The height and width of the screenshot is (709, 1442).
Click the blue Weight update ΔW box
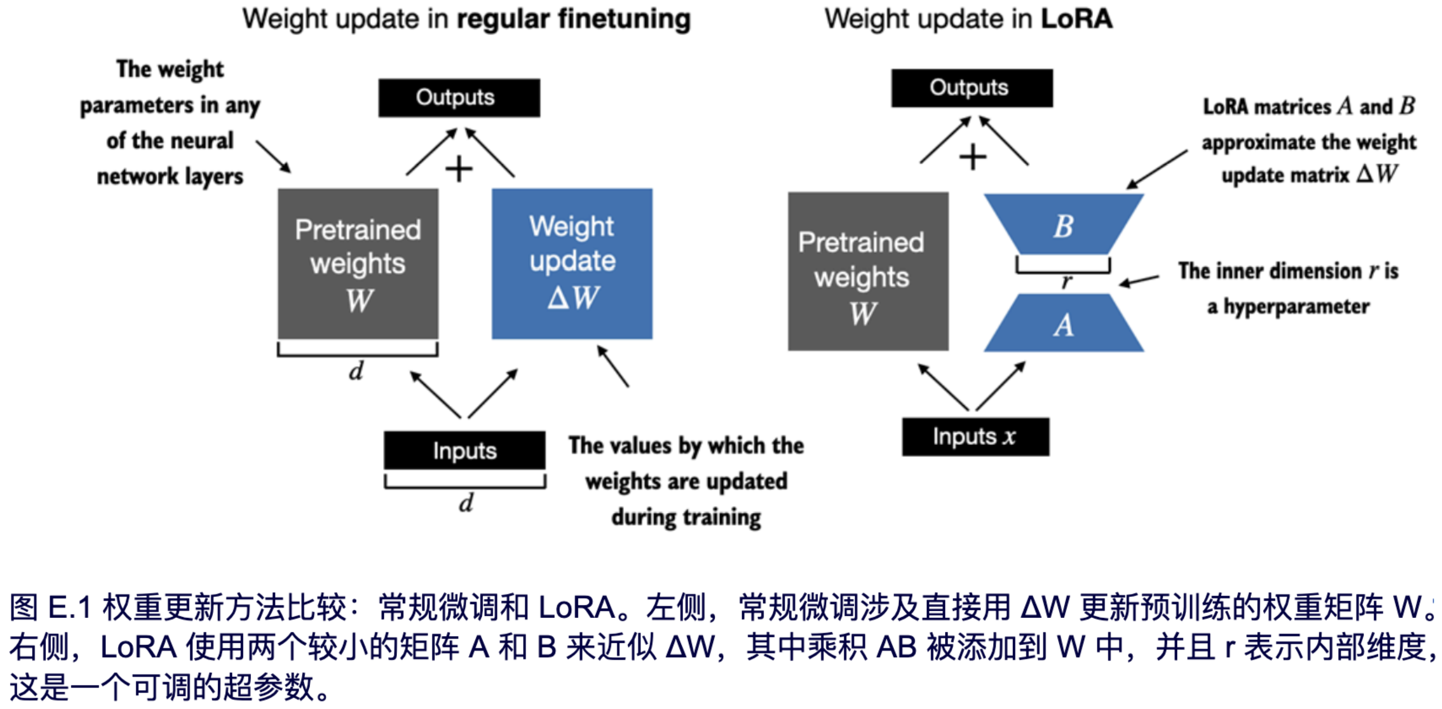pyautogui.click(x=571, y=264)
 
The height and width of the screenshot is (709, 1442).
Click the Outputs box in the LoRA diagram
pyautogui.click(x=971, y=88)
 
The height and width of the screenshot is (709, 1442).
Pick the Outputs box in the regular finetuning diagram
pyautogui.click(x=459, y=98)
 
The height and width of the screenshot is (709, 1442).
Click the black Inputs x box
pyautogui.click(x=975, y=436)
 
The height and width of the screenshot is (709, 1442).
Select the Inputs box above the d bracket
pyautogui.click(x=464, y=450)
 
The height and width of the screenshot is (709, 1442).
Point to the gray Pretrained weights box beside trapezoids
pyautogui.click(x=867, y=272)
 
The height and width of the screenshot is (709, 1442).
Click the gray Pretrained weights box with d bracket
pyautogui.click(x=358, y=264)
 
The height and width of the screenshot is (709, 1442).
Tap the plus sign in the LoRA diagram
pyautogui.click(x=973, y=157)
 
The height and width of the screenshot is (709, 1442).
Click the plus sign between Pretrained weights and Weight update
pyautogui.click(x=459, y=169)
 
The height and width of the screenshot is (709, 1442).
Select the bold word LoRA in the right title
pyautogui.click(x=1076, y=19)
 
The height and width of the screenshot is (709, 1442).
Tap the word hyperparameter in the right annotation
pyautogui.click(x=1296, y=307)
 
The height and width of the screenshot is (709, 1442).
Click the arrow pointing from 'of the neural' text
pyautogui.click(x=273, y=156)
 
